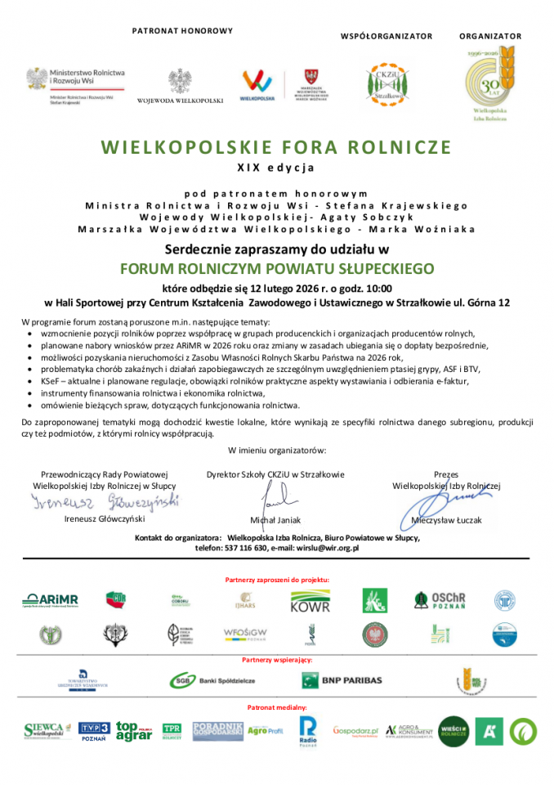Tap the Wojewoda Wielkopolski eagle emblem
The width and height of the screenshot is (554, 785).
[x=180, y=82]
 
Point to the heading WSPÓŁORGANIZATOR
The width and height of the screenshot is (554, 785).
[x=386, y=36]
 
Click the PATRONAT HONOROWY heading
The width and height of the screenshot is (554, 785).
[x=182, y=31]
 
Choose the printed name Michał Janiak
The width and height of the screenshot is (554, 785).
[x=275, y=520]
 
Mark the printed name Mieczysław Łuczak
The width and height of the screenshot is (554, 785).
[x=446, y=519]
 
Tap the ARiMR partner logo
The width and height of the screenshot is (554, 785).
[x=51, y=601]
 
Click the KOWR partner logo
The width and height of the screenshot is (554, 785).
[x=311, y=603]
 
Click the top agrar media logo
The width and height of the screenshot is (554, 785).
[x=133, y=730]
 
